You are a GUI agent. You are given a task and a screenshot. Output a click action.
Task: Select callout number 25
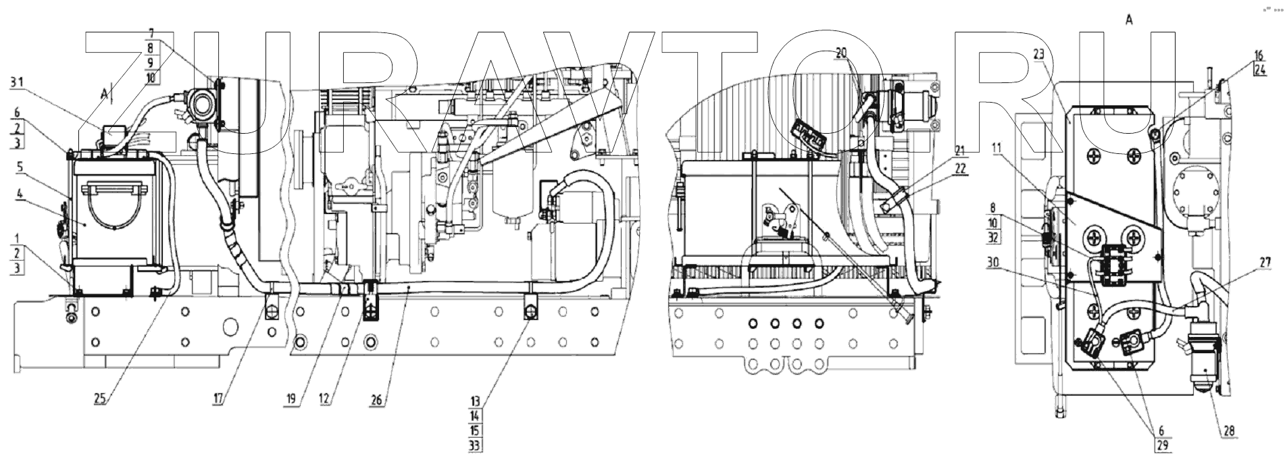pyautogui.click(x=100, y=400)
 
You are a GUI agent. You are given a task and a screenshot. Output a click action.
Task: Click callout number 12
pyautogui.click(x=324, y=400)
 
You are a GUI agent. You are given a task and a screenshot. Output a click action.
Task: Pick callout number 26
pyautogui.click(x=376, y=400)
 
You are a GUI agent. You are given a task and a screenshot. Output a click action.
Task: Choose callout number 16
pyautogui.click(x=1259, y=55)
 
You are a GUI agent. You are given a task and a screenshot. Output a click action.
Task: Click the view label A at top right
pyautogui.click(x=1129, y=20)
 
